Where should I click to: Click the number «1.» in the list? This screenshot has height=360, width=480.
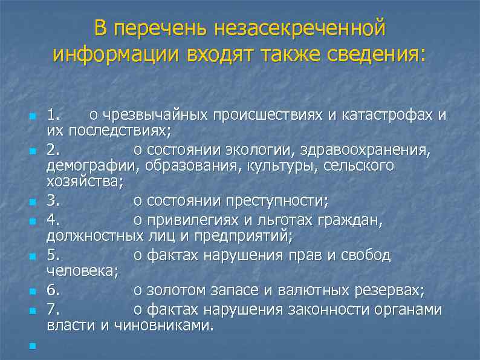pyautogui.click(x=54, y=114)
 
